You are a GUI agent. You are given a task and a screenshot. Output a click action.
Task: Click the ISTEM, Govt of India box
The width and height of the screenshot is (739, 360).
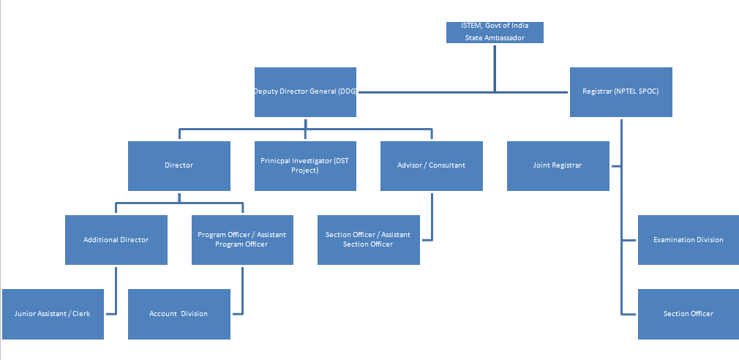pyautogui.click(x=495, y=32)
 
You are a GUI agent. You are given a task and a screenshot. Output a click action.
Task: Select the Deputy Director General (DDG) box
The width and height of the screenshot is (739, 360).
pyautogui.click(x=305, y=91)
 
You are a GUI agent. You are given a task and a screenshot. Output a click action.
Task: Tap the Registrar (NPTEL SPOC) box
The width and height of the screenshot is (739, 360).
pyautogui.click(x=620, y=91)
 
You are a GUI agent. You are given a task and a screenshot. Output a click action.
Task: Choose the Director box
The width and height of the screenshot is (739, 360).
pyautogui.click(x=179, y=165)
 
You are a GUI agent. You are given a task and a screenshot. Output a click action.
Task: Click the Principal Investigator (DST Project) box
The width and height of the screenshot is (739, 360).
pyautogui.click(x=305, y=165)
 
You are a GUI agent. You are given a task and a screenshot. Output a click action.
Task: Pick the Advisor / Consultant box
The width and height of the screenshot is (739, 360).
pyautogui.click(x=431, y=165)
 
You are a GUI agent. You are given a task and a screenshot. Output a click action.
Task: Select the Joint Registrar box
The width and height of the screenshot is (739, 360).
pyautogui.click(x=558, y=165)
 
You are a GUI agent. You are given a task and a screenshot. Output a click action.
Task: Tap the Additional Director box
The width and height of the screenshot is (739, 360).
pyautogui.click(x=116, y=240)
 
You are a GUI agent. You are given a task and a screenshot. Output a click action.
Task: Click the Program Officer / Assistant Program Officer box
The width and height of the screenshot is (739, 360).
pyautogui.click(x=242, y=240)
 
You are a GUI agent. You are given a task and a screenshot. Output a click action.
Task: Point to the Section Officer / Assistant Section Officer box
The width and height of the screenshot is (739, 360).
pyautogui.click(x=368, y=240)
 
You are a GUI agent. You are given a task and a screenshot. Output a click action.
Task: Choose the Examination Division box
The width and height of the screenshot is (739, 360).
pyautogui.click(x=688, y=240)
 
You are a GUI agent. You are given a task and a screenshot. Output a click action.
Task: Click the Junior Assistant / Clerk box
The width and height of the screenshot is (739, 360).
pyautogui.click(x=53, y=314)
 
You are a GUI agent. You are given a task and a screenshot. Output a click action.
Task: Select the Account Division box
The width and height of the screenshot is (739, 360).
pyautogui.click(x=179, y=314)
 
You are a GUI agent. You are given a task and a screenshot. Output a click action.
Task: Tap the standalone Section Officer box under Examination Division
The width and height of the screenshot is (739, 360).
pyautogui.click(x=688, y=314)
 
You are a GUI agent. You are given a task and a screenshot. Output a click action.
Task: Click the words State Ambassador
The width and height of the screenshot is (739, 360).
pyautogui.click(x=495, y=38)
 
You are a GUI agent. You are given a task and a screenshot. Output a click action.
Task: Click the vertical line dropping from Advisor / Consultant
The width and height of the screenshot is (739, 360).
pyautogui.click(x=432, y=216)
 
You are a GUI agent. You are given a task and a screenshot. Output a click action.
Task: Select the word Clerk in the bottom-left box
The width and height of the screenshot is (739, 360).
pyautogui.click(x=81, y=314)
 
